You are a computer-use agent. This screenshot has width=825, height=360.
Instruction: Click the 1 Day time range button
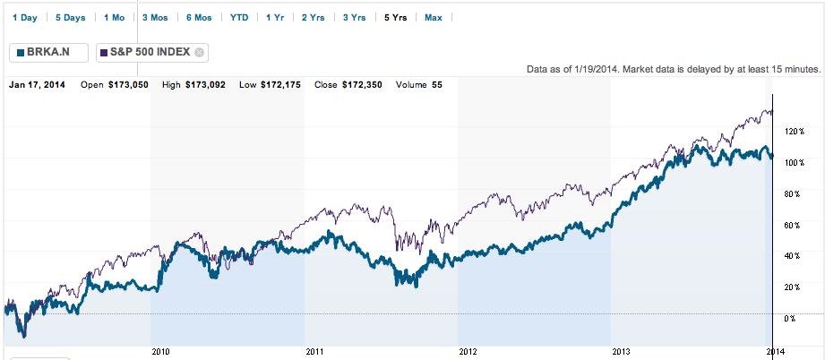pyautogui.click(x=24, y=17)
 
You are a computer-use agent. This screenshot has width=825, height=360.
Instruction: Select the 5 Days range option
pyautogui.click(x=70, y=17)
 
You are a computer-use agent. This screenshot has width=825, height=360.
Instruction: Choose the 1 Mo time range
pyautogui.click(x=114, y=17)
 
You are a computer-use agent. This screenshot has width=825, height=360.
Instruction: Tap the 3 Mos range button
pyautogui.click(x=156, y=17)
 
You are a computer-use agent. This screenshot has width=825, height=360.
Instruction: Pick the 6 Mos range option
pyautogui.click(x=200, y=17)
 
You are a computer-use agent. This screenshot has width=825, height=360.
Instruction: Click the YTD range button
pyautogui.click(x=239, y=17)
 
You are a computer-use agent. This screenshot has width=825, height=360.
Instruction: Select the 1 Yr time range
pyautogui.click(x=275, y=17)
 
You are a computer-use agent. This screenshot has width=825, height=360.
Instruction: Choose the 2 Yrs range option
pyautogui.click(x=314, y=17)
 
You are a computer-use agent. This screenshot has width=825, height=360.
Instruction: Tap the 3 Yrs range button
pyautogui.click(x=355, y=17)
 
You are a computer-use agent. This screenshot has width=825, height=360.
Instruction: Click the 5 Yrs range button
pyautogui.click(x=395, y=17)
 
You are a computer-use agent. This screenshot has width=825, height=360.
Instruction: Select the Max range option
pyautogui.click(x=434, y=17)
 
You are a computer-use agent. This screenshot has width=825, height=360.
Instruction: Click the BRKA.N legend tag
pyautogui.click(x=48, y=52)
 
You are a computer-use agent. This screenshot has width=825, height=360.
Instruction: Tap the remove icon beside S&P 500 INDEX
pyautogui.click(x=200, y=52)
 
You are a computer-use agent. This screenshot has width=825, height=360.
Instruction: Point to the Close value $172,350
pyautogui.click(x=362, y=85)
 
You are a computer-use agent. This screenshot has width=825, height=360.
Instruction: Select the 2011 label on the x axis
pyautogui.click(x=314, y=351)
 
